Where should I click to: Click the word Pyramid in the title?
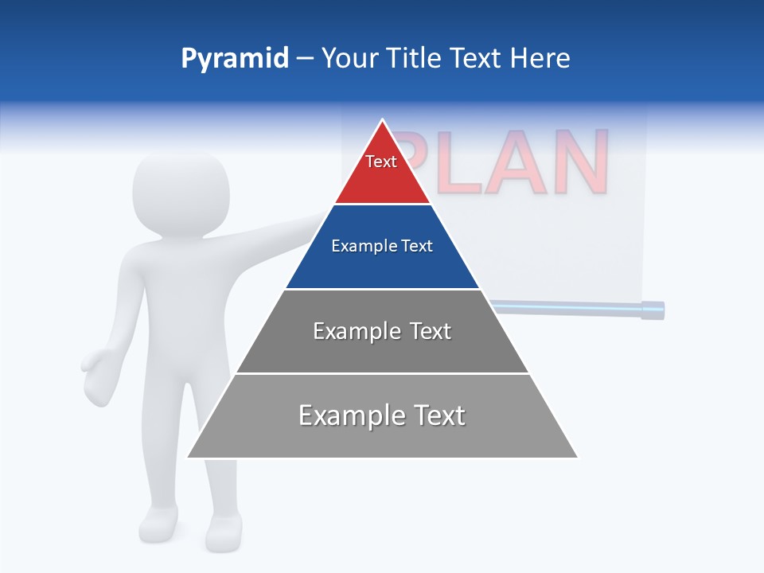(235, 59)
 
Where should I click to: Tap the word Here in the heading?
(540, 58)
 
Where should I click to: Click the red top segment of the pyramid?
(382, 179)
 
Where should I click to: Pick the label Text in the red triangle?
(381, 162)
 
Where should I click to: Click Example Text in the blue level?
(382, 246)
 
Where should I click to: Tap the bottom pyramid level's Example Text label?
(382, 415)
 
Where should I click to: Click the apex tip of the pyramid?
(383, 121)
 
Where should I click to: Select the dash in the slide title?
(305, 59)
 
